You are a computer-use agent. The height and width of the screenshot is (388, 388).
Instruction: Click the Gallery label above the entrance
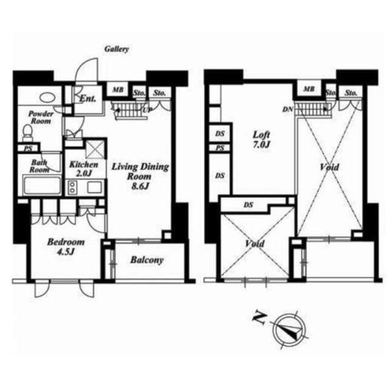coord(116,49)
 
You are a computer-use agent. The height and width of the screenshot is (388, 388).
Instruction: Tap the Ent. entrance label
coord(87,99)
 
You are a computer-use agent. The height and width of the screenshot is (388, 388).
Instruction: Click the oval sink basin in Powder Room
coord(47,97)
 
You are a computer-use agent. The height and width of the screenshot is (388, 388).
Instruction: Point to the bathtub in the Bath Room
coord(42,185)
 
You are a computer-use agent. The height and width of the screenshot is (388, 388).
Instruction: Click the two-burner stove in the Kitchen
coord(73,187)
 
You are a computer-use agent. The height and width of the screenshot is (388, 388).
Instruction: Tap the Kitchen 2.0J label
coord(84,169)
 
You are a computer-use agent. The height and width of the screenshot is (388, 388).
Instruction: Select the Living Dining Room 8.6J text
coord(140,176)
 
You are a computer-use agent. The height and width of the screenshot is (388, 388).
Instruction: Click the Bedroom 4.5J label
coord(66,247)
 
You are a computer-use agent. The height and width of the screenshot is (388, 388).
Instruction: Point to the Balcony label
coord(147,260)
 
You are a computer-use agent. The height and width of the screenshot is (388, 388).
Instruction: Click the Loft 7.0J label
coord(261,140)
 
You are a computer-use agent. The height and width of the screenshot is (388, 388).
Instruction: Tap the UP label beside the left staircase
coord(147,110)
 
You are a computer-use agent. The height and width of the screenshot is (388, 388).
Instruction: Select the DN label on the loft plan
coord(287,109)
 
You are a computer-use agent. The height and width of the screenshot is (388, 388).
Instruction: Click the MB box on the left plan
coord(118,90)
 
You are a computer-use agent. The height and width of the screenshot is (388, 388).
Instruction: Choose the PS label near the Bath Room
coord(28,149)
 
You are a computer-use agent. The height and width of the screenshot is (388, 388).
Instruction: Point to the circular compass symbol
coord(290,330)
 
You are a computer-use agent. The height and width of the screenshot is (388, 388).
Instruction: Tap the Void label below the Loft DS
coord(255,244)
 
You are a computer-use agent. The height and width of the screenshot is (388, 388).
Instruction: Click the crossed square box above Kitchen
coord(96,149)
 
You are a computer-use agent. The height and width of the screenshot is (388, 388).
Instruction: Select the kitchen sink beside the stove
coord(94,187)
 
